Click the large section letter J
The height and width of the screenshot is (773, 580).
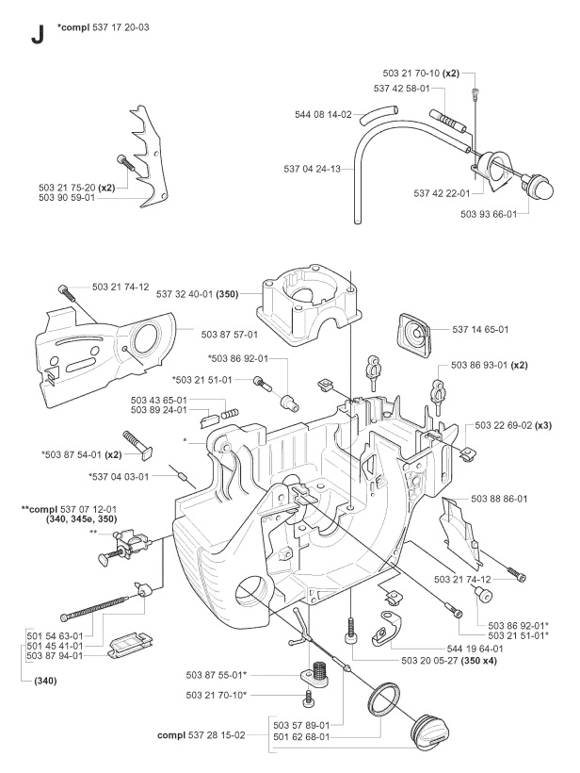point(37,35)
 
